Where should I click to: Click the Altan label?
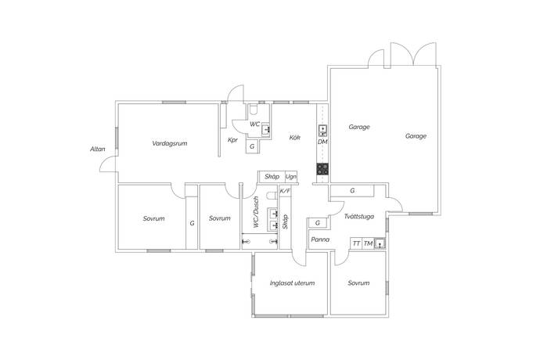(x=97, y=149)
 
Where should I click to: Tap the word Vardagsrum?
(x=168, y=143)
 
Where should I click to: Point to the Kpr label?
(x=232, y=140)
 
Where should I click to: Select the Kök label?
(x=295, y=138)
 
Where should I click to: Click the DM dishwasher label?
(x=322, y=142)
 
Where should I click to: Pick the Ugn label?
(x=291, y=177)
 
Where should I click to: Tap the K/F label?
(x=285, y=191)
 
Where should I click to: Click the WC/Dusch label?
(x=255, y=212)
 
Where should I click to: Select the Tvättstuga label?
(x=358, y=216)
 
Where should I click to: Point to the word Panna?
(x=319, y=239)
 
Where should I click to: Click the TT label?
(x=356, y=244)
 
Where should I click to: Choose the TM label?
(x=367, y=244)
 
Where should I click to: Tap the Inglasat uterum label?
(x=292, y=283)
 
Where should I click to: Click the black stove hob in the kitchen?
(x=322, y=168)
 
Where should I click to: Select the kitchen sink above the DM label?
(x=322, y=130)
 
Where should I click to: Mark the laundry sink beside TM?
(x=380, y=243)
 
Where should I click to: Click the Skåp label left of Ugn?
(x=272, y=177)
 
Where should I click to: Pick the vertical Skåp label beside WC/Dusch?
(x=285, y=221)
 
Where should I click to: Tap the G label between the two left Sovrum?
(x=191, y=223)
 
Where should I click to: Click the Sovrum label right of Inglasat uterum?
(x=358, y=283)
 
